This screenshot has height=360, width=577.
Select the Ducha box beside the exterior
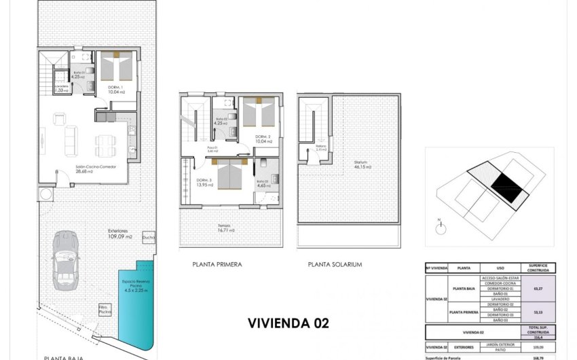[x=149, y=237]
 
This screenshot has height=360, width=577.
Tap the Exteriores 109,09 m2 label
[x=118, y=234]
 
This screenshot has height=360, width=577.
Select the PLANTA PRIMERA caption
[x=217, y=264]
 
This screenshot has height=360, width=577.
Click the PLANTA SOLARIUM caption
[x=335, y=264]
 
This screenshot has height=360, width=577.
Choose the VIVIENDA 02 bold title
[x=288, y=323]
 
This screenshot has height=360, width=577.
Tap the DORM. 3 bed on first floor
[x=226, y=175]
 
